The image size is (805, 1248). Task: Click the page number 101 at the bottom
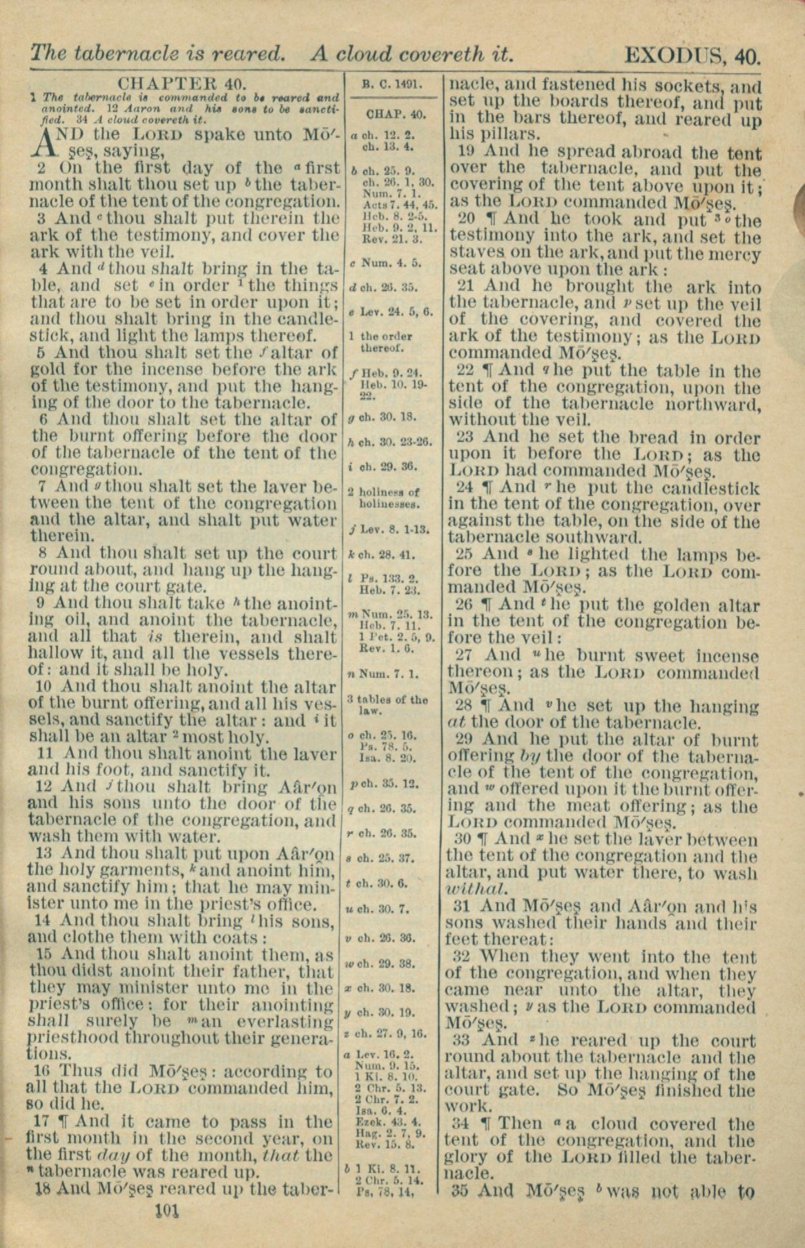pyautogui.click(x=166, y=1211)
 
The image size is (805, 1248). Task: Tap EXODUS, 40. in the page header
pyautogui.click(x=692, y=54)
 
